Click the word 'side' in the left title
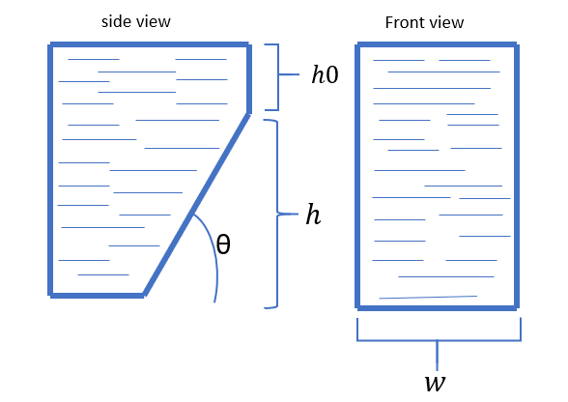(x=114, y=22)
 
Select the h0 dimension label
(x=325, y=74)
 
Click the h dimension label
(x=313, y=215)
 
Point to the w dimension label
(x=435, y=383)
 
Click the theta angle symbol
(x=223, y=244)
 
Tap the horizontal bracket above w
(x=439, y=340)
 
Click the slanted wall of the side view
(x=196, y=205)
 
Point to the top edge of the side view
(x=150, y=44)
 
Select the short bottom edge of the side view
(x=97, y=296)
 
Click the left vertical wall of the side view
(x=50, y=170)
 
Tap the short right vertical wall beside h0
(x=249, y=79)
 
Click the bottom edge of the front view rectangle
(x=437, y=308)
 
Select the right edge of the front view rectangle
(x=517, y=176)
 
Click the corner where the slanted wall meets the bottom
(x=144, y=296)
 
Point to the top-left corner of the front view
(x=357, y=44)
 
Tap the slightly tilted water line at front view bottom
(x=428, y=298)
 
